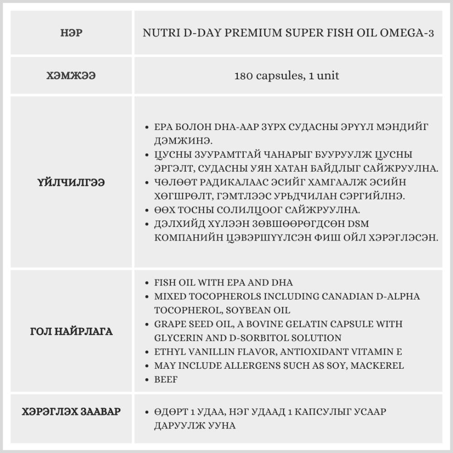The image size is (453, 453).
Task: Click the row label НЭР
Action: tap(71, 33)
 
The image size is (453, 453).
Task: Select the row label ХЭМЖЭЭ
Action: tap(71, 76)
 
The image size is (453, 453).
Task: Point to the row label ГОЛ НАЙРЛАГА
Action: tap(71, 331)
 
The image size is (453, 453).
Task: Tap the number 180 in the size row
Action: tap(243, 76)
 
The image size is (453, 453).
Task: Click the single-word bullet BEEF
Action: tap(166, 380)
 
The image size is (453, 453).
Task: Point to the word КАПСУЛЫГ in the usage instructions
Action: tap(310, 412)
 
